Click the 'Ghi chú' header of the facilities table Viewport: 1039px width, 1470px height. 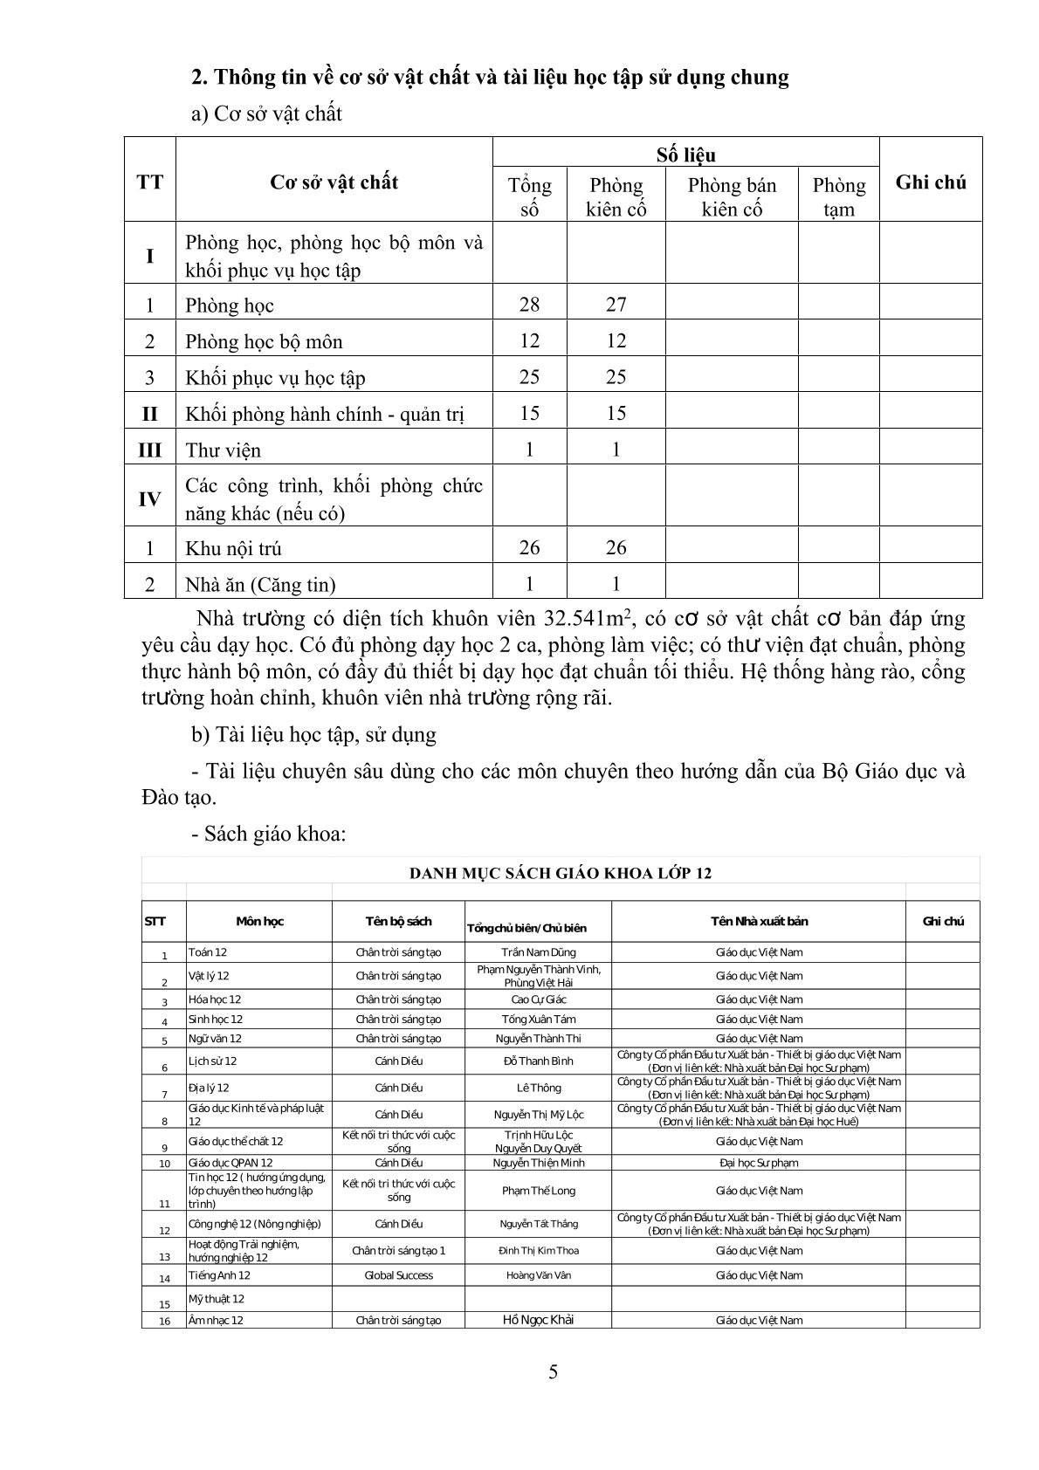point(931,182)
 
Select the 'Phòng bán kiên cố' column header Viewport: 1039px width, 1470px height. point(732,196)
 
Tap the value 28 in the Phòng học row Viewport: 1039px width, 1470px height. point(529,304)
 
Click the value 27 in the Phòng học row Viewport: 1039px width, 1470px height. point(616,304)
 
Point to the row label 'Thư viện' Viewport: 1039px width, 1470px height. point(224,450)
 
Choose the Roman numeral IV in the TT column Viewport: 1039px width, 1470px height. point(149,499)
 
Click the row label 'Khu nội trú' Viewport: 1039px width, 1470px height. point(233,548)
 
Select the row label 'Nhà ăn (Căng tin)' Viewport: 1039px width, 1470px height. point(260,585)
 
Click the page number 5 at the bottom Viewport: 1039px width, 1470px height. point(554,1371)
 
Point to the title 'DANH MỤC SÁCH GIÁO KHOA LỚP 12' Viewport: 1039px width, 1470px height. point(561,873)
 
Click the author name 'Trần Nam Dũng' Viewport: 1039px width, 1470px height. point(539,952)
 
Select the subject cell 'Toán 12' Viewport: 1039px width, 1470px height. point(208,952)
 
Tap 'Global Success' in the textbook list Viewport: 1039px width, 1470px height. point(398,1275)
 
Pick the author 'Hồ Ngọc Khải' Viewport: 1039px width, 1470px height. point(539,1319)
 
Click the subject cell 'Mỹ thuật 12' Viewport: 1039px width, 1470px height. point(217,1299)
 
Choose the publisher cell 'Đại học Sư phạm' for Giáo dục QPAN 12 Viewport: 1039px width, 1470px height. point(759,1163)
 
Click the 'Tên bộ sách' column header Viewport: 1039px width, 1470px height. point(398,921)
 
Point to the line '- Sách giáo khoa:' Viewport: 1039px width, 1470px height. point(269,834)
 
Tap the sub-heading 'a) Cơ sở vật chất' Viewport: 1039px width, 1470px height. point(266,114)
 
